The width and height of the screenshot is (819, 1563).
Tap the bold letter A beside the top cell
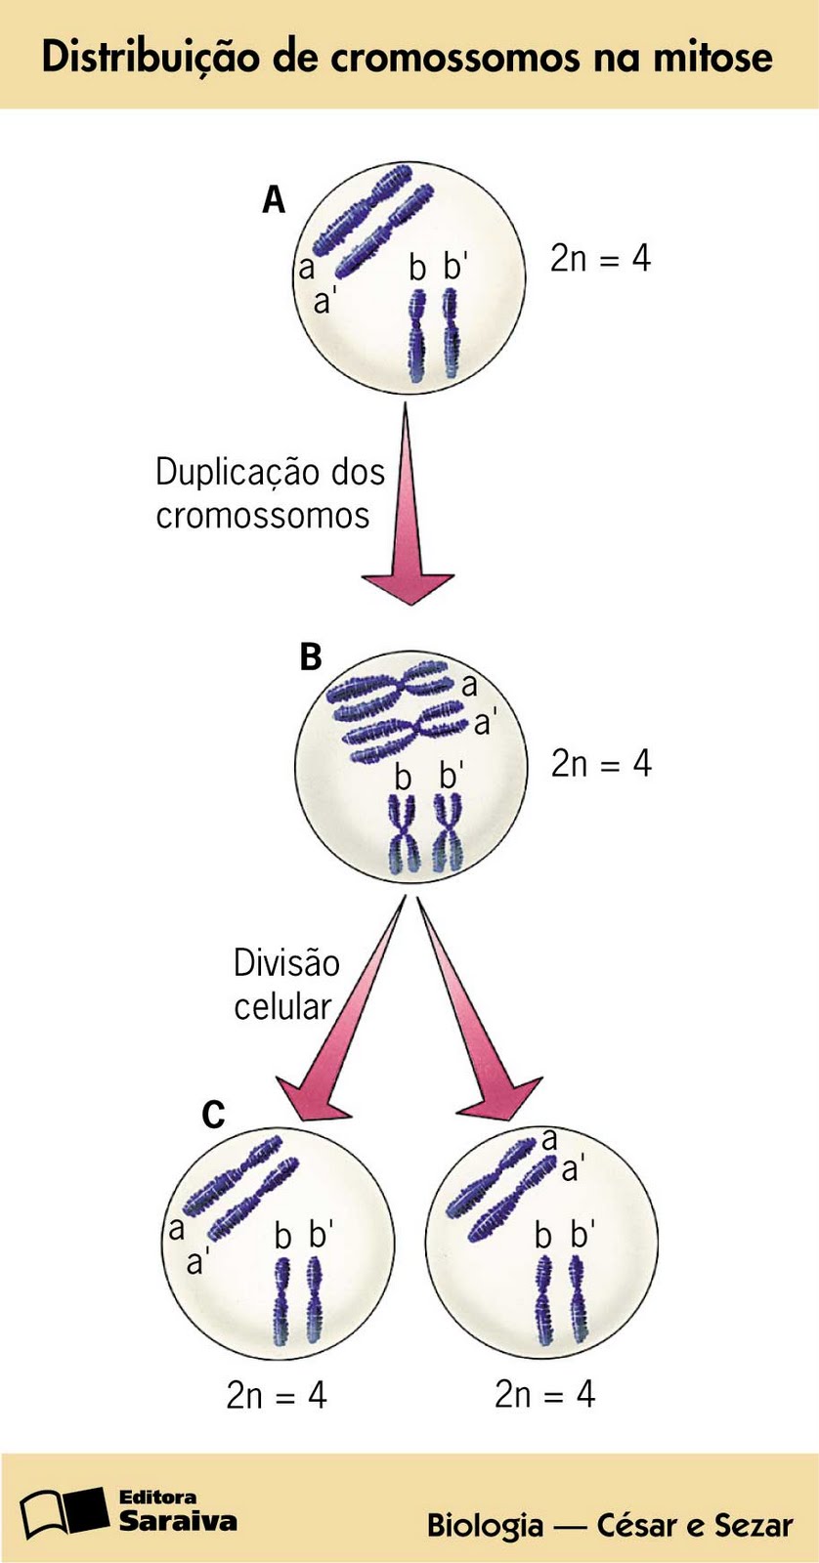click(x=274, y=200)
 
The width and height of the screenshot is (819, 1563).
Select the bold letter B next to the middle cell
click(x=310, y=656)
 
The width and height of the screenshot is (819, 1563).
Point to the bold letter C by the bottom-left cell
click(x=213, y=1114)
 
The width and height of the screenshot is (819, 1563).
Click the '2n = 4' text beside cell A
click(x=600, y=258)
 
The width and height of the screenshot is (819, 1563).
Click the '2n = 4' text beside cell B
click(x=600, y=763)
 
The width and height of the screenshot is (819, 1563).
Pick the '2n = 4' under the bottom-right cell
click(x=544, y=1394)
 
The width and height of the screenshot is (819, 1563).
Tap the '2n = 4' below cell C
click(x=277, y=1395)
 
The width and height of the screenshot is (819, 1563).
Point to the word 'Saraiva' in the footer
click(x=177, y=1521)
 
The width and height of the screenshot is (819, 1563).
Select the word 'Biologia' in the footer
click(x=485, y=1525)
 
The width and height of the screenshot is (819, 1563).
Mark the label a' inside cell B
click(x=485, y=724)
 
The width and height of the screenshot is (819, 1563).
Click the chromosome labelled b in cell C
click(x=282, y=1300)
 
